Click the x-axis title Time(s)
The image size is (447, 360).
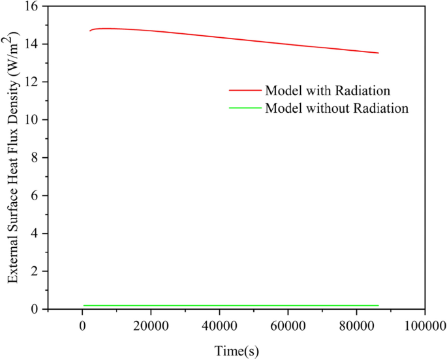(x=237, y=351)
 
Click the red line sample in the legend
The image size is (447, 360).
(x=245, y=91)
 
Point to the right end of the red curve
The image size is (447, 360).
(x=378, y=53)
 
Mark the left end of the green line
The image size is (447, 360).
(x=84, y=305)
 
